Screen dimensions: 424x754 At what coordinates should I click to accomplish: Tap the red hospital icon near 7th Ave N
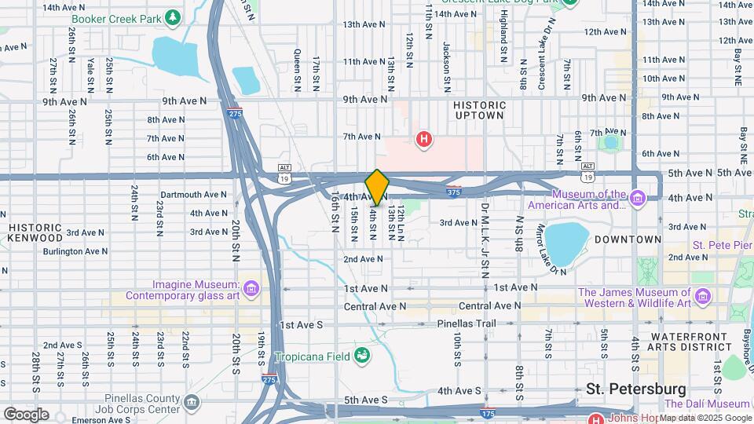click(424, 140)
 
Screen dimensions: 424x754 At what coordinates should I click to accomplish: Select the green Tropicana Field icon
click(361, 356)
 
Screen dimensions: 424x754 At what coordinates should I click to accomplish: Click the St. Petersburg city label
click(635, 389)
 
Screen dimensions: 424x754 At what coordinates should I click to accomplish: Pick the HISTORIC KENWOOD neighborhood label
click(35, 232)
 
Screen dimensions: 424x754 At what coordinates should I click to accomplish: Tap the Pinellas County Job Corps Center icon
click(192, 404)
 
